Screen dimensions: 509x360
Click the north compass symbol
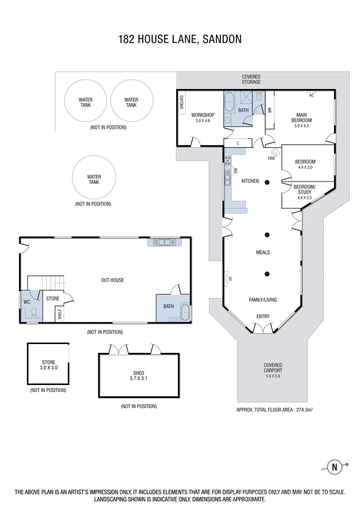335,467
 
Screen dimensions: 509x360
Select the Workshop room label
203,118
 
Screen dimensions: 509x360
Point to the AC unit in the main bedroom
311,92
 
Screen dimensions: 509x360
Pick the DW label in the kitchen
236,171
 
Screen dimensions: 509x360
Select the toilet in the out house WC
33,312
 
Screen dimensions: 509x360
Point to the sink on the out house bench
163,243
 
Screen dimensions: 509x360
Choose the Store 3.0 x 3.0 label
49,365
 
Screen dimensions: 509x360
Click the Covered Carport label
273,368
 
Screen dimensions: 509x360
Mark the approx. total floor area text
275,410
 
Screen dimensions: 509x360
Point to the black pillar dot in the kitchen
267,182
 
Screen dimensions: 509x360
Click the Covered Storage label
251,79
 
